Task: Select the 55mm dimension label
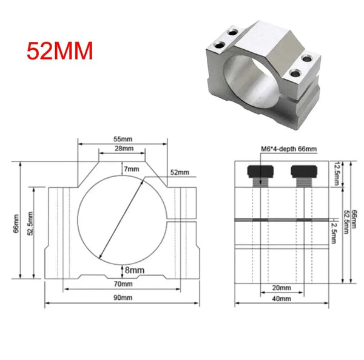pos(122,139)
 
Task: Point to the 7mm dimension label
pos(130,168)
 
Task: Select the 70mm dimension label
pos(123,284)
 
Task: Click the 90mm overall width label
pos(123,298)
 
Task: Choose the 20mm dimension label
pos(281,287)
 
